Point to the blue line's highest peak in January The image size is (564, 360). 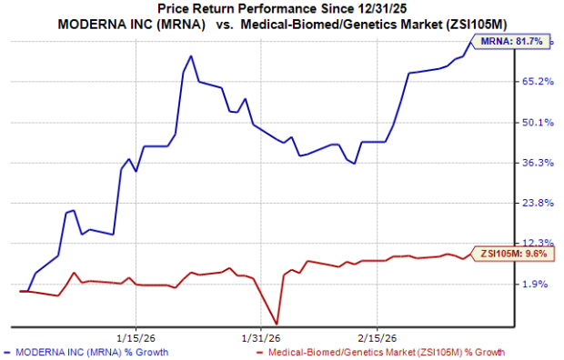coord(190,56)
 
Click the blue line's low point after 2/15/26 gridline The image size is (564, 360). coord(354,164)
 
